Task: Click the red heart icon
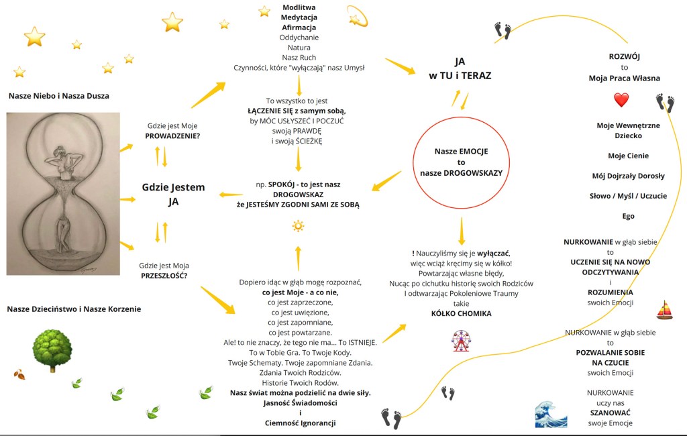(x=621, y=101)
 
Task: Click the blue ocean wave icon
(x=551, y=414)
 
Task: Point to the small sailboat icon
(x=664, y=310)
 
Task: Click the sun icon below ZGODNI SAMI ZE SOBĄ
(x=298, y=226)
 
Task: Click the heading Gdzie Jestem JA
(x=173, y=194)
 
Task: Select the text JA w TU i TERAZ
(x=460, y=68)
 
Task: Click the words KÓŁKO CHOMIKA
(x=461, y=313)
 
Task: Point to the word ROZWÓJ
(x=624, y=57)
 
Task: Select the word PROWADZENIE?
(x=172, y=135)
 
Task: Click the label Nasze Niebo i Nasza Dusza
(x=59, y=96)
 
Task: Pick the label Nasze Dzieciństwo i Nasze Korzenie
(x=74, y=309)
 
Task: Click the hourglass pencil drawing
(x=63, y=193)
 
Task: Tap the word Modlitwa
(x=299, y=7)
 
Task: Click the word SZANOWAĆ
(x=610, y=413)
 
